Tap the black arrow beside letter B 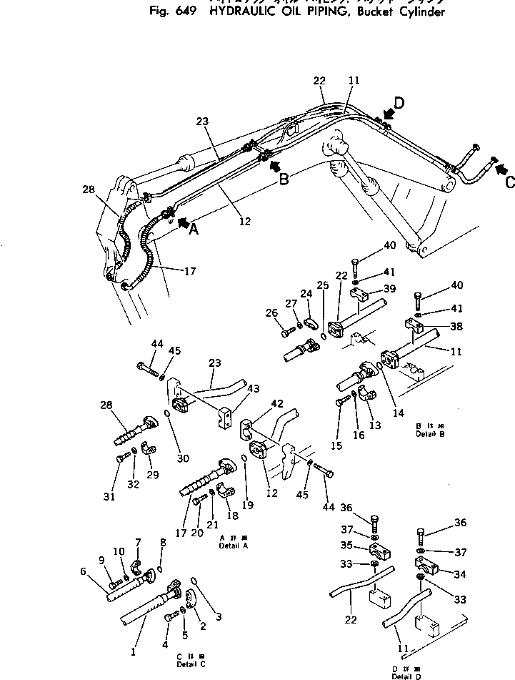pyautogui.click(x=273, y=166)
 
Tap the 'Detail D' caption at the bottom pyautogui.click(x=406, y=676)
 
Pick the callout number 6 pyautogui.click(x=84, y=571)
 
